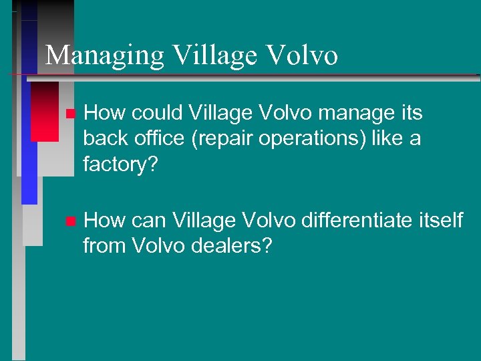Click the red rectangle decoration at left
(45, 112)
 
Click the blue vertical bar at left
(29, 167)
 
